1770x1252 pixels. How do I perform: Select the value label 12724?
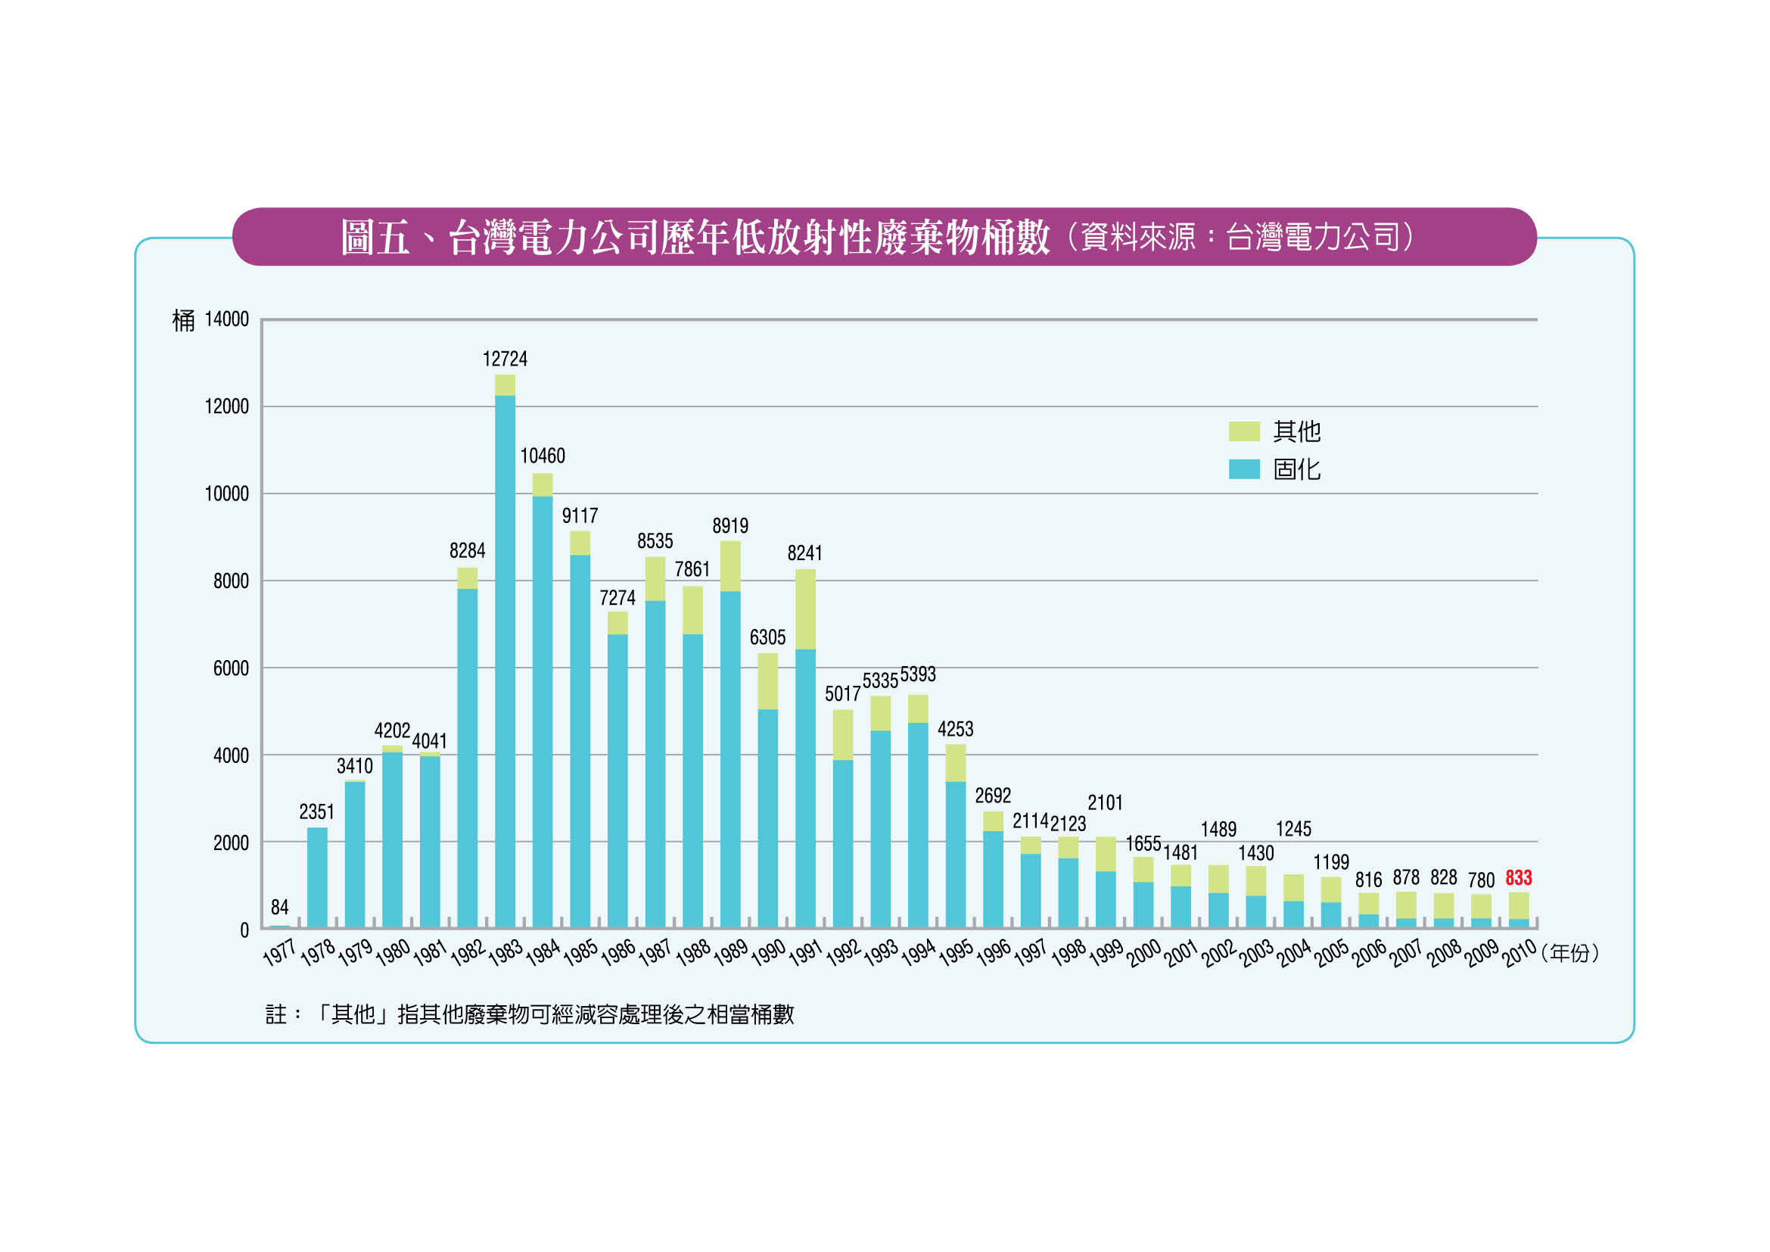tap(505, 360)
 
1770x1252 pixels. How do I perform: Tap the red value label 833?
tap(1519, 878)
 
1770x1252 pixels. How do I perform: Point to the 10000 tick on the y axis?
tap(227, 494)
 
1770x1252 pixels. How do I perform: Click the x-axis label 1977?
tap(279, 953)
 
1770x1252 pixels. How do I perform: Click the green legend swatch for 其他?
tap(1243, 431)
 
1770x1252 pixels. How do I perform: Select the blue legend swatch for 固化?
tap(1243, 469)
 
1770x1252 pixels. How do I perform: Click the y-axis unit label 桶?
tap(183, 321)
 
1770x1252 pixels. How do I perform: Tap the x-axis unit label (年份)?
tap(1570, 954)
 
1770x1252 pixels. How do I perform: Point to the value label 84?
tap(280, 908)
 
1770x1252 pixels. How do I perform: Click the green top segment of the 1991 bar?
tap(806, 609)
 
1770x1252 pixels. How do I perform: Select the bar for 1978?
tap(317, 877)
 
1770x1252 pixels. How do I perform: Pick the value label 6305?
tap(768, 637)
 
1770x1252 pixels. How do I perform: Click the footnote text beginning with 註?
tap(530, 1014)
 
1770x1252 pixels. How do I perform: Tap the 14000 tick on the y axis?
tap(227, 319)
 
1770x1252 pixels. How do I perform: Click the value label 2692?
tap(993, 796)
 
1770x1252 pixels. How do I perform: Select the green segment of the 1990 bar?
tap(768, 681)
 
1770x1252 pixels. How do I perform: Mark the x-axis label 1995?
tap(956, 953)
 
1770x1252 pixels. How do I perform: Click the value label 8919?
tap(730, 527)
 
